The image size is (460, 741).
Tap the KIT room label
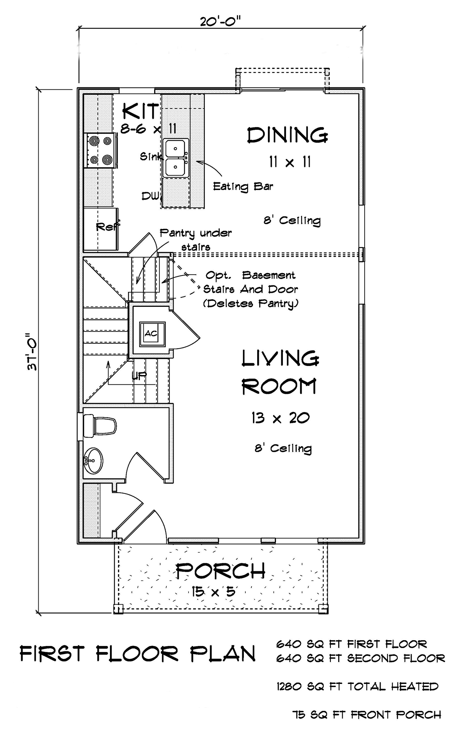(141, 112)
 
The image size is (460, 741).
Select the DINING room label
(287, 136)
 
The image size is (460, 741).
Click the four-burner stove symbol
(100, 150)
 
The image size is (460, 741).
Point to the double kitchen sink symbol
(176, 158)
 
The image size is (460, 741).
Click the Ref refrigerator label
(107, 226)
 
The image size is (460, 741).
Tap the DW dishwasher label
(151, 196)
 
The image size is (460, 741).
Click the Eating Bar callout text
(243, 187)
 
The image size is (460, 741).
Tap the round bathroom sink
(94, 460)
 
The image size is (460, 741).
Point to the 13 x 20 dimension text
(280, 418)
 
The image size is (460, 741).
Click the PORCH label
(220, 571)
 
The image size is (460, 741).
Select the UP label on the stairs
(139, 376)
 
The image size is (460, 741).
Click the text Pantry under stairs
(195, 239)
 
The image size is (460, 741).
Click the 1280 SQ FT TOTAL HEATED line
(357, 687)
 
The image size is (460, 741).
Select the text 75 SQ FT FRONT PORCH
(366, 715)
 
